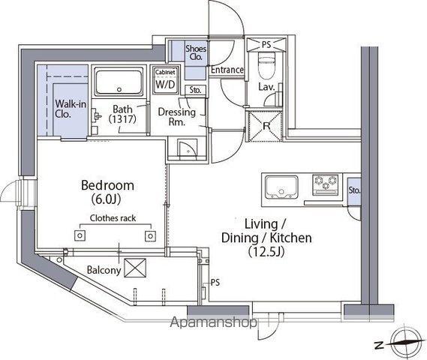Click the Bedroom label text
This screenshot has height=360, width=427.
107,185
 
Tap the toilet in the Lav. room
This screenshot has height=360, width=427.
267,65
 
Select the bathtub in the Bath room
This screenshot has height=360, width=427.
119,82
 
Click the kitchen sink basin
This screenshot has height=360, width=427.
281,187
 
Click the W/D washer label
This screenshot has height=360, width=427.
165,84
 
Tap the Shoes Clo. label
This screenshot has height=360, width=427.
196,52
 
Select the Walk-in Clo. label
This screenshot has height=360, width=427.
71,109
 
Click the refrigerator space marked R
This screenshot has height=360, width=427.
266,126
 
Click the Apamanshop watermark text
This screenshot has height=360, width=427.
213,322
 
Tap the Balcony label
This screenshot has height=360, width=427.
104,270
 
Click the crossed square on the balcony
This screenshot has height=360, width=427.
135,268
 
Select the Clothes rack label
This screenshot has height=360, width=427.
113,218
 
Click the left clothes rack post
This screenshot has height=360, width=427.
80,235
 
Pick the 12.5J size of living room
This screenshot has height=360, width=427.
266,252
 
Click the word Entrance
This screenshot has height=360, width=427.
227,70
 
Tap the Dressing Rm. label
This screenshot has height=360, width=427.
177,117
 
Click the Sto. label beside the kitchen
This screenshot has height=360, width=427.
354,190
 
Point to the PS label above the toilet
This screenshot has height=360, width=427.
266,44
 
